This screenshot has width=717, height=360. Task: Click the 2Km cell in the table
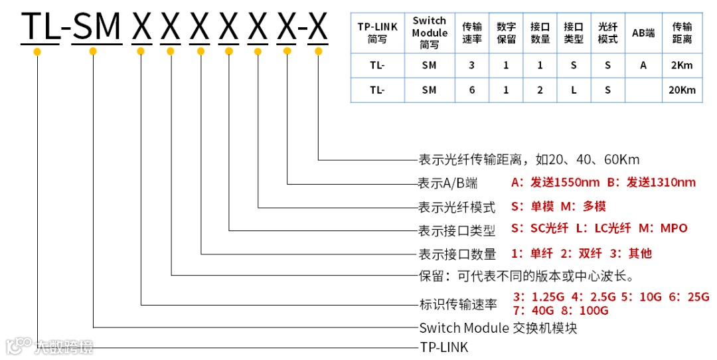[682, 65]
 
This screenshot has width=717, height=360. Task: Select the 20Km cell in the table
[682, 90]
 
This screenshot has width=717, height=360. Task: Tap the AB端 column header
[643, 33]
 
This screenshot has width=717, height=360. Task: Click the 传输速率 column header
[472, 33]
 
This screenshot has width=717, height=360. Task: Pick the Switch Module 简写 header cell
[430, 33]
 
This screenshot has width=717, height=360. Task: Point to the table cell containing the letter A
[643, 65]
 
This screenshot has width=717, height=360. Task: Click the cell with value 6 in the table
[472, 90]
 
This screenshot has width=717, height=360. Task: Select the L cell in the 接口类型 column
[574, 90]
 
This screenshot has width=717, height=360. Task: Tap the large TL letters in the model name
[40, 27]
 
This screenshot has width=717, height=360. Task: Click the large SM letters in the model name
[97, 27]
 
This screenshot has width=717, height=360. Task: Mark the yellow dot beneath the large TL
[37, 51]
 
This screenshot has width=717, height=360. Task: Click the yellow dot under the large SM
[93, 51]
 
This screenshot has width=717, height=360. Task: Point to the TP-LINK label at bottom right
[443, 347]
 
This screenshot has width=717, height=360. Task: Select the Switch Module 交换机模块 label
[498, 327]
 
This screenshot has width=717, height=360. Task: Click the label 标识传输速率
[457, 305]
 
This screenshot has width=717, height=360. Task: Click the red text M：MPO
[663, 228]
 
